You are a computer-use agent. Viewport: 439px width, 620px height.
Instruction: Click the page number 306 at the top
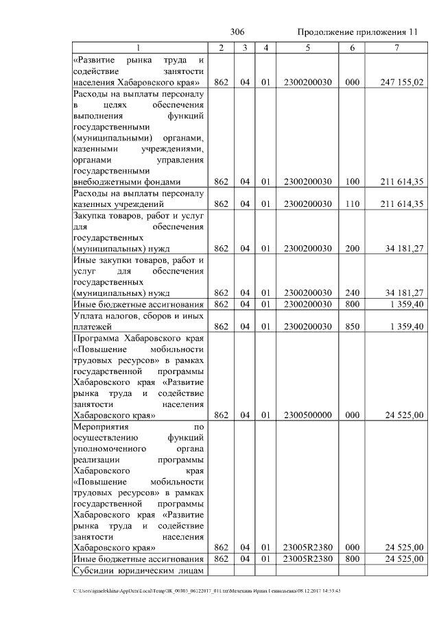pos(238,32)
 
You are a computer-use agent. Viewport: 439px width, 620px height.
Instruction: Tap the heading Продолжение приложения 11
pos(357,33)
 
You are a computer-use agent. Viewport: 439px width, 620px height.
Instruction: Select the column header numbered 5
pos(308,47)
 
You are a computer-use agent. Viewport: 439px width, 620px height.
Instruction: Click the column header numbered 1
pos(138,47)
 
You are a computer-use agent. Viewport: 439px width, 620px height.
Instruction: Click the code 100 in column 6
pos(353,182)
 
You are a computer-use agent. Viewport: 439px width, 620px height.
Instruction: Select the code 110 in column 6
pos(353,204)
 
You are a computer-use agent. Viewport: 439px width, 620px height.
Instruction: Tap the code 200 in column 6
pos(353,248)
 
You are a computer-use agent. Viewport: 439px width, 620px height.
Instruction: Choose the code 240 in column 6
pos(353,293)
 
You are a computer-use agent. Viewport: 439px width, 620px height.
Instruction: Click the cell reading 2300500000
pos(308,414)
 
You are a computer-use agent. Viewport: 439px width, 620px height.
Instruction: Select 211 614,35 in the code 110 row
pos(401,204)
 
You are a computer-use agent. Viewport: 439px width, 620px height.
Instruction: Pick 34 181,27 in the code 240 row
pos(401,293)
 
